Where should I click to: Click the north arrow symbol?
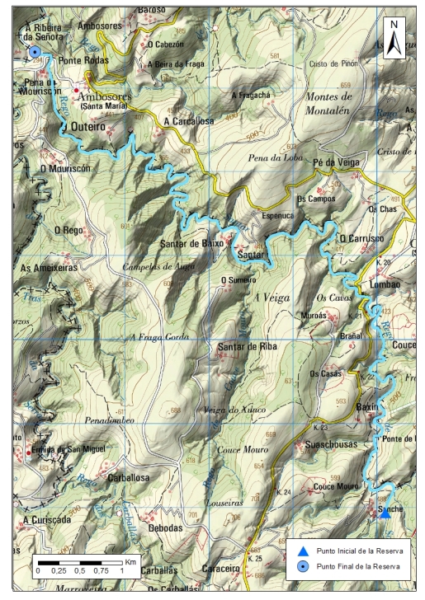click(x=394, y=35)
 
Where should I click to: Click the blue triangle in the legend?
click(x=304, y=551)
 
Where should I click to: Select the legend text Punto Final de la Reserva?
click(x=358, y=566)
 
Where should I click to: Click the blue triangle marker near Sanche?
click(x=385, y=512)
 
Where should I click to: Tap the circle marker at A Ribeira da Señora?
click(x=35, y=53)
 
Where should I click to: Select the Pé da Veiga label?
click(x=337, y=163)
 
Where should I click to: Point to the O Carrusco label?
click(x=361, y=238)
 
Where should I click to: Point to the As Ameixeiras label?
click(x=49, y=268)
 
